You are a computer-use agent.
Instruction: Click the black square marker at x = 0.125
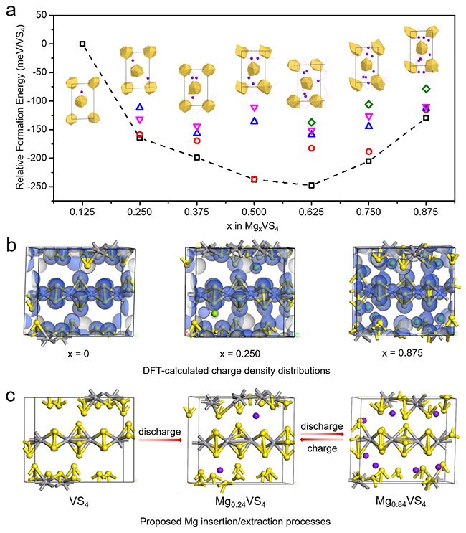pos(82,44)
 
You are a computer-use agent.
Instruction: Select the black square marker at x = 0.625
pos(311,185)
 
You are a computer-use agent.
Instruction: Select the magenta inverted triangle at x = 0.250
pos(140,120)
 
